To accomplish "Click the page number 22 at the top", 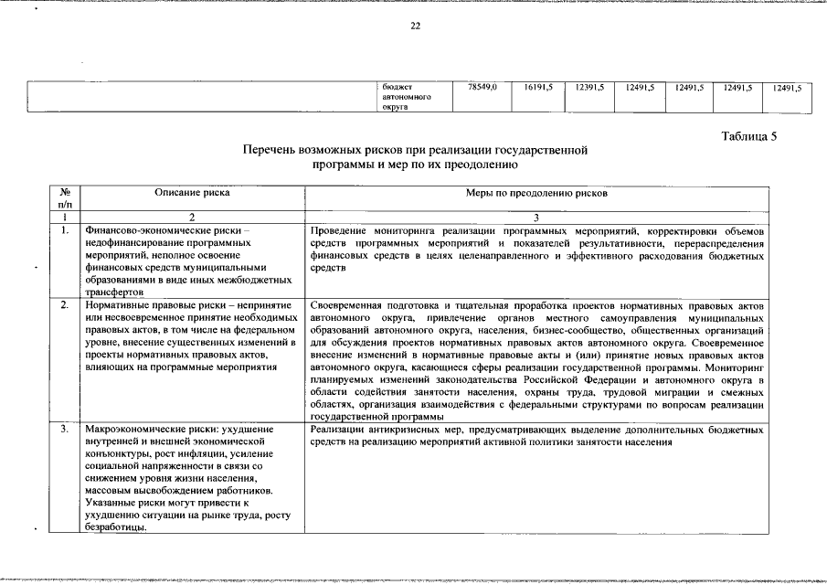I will [414, 26].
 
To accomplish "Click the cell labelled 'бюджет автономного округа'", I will [407, 97].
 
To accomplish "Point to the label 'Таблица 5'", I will [748, 136].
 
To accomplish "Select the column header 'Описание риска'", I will [192, 193].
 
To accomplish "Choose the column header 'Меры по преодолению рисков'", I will [535, 193].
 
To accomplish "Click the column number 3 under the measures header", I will [535, 218].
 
